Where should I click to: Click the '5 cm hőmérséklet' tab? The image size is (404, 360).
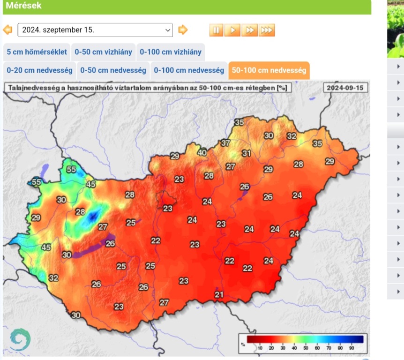click(x=37, y=52)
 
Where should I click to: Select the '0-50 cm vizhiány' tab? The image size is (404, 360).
click(x=104, y=52)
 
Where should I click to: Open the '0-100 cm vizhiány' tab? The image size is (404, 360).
click(x=171, y=52)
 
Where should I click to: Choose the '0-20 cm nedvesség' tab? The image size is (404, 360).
click(x=39, y=70)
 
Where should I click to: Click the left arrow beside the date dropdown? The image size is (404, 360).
click(x=7, y=30)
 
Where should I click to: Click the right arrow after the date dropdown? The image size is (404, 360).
click(x=183, y=30)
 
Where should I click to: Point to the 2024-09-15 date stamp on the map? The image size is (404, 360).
click(x=345, y=87)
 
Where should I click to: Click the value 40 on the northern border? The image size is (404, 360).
click(x=202, y=153)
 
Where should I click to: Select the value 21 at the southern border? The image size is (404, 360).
click(x=219, y=294)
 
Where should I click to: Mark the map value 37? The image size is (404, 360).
click(x=225, y=143)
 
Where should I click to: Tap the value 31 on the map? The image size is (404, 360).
click(x=246, y=153)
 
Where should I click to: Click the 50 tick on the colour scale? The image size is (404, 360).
click(x=306, y=348)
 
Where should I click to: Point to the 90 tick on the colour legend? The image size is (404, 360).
click(x=352, y=348)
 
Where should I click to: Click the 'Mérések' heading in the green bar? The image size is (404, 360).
click(x=23, y=6)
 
